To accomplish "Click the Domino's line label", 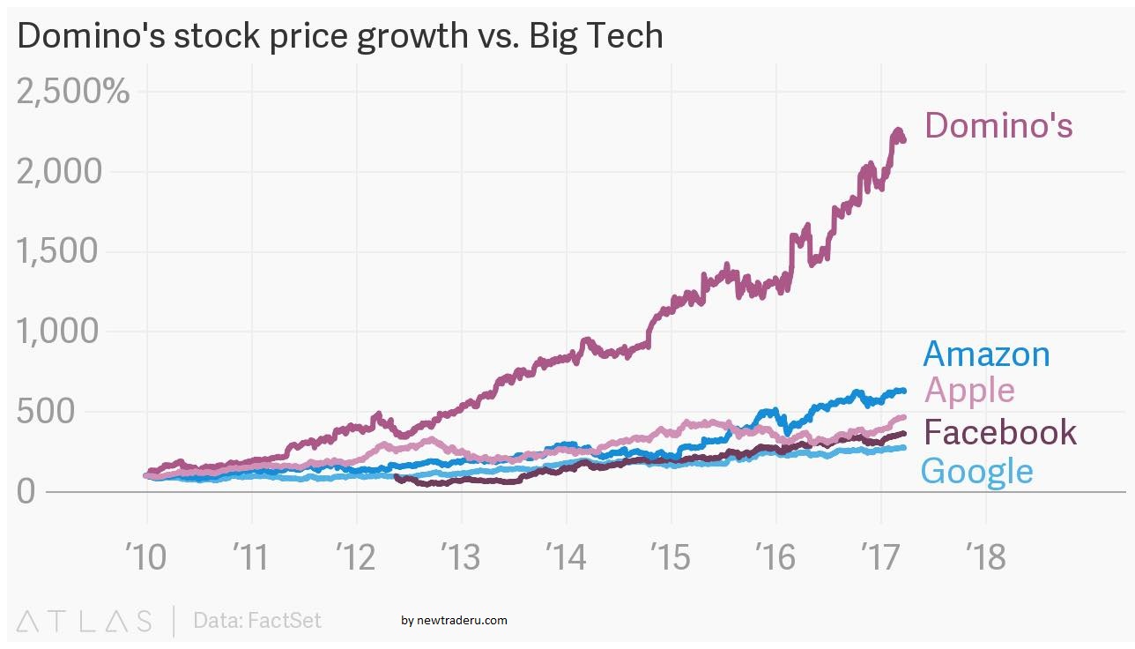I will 998,125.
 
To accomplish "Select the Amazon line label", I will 986,354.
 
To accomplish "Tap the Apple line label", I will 969,390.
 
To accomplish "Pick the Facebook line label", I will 1000,432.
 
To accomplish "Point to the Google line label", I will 976,471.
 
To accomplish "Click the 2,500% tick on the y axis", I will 73,91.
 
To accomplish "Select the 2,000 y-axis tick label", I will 73,171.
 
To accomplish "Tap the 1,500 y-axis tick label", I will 73,251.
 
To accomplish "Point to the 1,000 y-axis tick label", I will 73,332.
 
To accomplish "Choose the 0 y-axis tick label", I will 26,491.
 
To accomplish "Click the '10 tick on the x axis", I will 145,557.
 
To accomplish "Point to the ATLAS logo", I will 84,620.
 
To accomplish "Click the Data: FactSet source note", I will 257,620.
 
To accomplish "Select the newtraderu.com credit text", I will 454,620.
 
